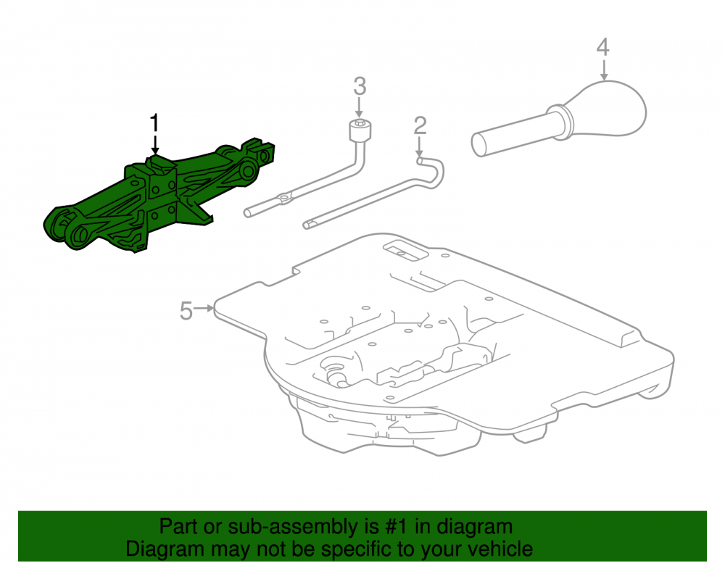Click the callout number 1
tap(154, 123)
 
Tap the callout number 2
tap(420, 126)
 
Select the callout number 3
tap(360, 87)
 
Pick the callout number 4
tap(603, 48)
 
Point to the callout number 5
tap(186, 310)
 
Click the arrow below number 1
tap(155, 145)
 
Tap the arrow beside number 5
tap(204, 307)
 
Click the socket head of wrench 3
tap(360, 130)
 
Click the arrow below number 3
tap(360, 109)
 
